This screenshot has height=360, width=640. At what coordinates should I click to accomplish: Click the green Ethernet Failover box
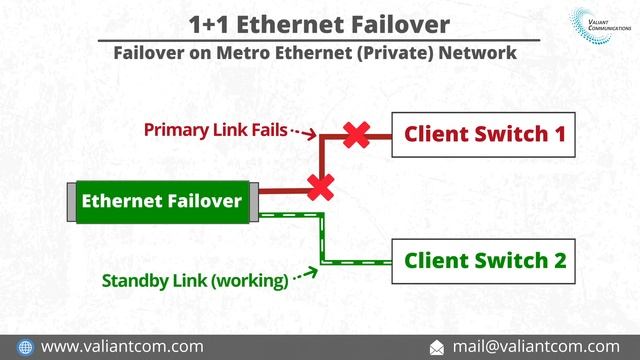click(x=161, y=202)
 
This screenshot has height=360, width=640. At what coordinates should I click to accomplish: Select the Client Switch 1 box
click(x=484, y=134)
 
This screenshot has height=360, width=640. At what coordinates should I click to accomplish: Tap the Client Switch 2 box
click(x=484, y=261)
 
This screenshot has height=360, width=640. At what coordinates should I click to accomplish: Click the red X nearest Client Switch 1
click(x=354, y=135)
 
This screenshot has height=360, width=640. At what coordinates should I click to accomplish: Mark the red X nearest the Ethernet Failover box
click(x=320, y=186)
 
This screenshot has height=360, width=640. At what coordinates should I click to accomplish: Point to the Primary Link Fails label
click(x=215, y=129)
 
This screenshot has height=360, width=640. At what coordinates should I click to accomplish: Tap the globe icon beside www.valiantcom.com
click(x=25, y=346)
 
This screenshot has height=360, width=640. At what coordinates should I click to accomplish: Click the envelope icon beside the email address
click(x=436, y=346)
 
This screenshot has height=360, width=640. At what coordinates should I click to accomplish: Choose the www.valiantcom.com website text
click(x=122, y=346)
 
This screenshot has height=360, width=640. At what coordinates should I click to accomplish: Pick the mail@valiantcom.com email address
click(x=535, y=346)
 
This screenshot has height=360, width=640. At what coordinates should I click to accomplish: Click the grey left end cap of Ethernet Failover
click(x=71, y=202)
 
